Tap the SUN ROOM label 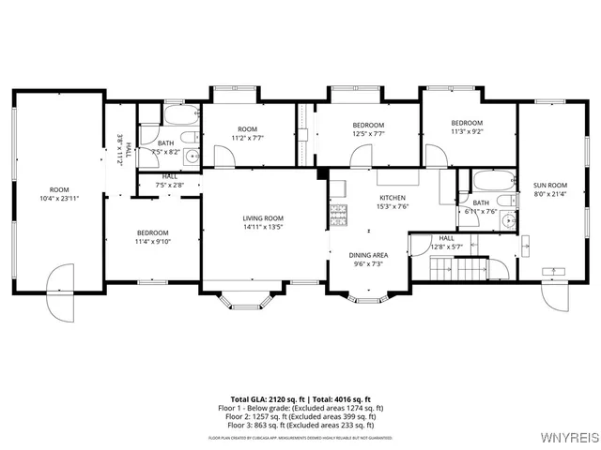[550, 186]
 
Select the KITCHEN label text [393, 198]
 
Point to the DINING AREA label [368, 255]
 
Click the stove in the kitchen [338, 217]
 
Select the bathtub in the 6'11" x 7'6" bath [492, 180]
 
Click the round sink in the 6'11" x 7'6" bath [506, 221]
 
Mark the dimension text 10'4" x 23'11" [59, 199]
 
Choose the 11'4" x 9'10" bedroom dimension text [152, 242]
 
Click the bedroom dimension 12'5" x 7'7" [367, 134]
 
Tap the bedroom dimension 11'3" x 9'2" [467, 132]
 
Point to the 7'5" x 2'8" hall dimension [169, 185]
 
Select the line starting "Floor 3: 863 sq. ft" [300, 425]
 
